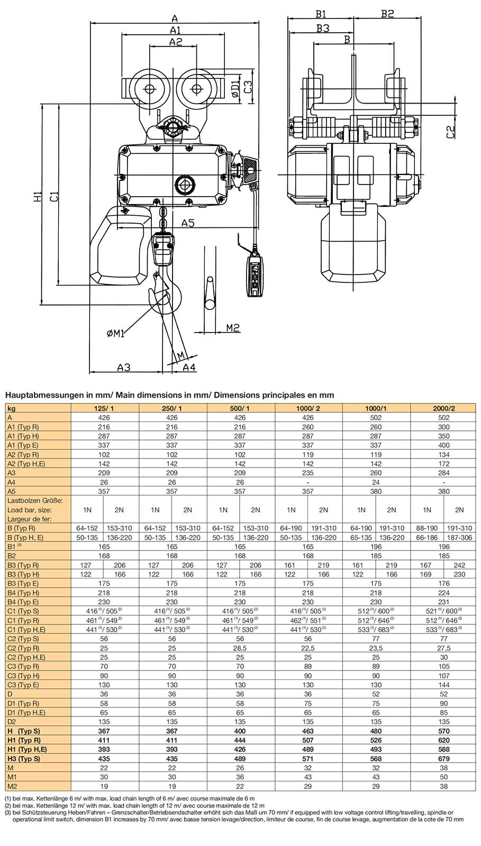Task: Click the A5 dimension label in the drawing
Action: (188, 223)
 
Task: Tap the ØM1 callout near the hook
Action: (115, 333)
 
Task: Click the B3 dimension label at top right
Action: (322, 28)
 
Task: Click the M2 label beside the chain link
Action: (233, 328)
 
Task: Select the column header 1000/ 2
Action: (308, 408)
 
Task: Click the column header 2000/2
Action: (443, 408)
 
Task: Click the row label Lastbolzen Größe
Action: (35, 500)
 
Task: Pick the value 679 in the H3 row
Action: (443, 758)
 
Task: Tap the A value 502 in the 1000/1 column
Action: (376, 418)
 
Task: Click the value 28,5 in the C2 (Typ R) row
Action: (240, 648)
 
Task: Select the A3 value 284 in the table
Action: (443, 473)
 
